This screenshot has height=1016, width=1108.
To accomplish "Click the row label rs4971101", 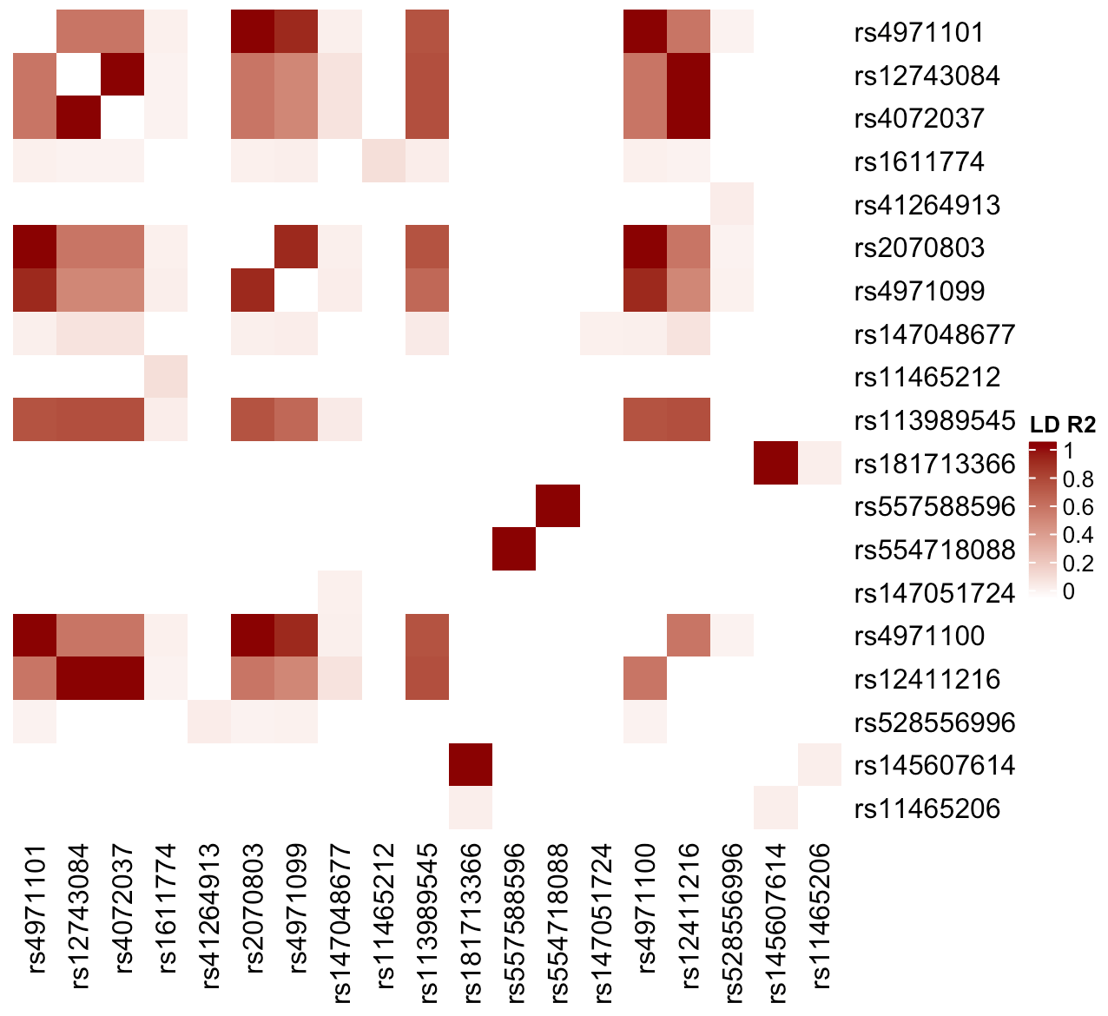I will tap(919, 33).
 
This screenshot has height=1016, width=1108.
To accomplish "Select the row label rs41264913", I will tap(927, 206).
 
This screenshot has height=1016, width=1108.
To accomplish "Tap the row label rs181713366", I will tap(934, 464).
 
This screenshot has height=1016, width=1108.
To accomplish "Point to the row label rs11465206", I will tap(927, 809).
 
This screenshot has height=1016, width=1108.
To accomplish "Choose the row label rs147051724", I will tap(934, 594).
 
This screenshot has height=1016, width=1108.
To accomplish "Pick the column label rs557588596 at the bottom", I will tap(515, 922).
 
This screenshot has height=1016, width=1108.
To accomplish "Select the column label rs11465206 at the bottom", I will tap(820, 915).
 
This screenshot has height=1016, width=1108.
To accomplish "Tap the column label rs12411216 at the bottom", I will tap(689, 915).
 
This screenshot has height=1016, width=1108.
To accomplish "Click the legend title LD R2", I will tap(1062, 425).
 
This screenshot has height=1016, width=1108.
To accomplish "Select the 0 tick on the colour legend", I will tap(1068, 591).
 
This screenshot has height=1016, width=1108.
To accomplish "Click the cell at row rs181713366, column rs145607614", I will tap(775, 463).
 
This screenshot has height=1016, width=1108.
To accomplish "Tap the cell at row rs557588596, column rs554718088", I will tap(557, 506).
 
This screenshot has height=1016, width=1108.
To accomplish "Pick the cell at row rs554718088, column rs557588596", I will tap(514, 549).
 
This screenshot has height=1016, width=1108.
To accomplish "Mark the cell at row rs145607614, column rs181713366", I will tap(471, 765).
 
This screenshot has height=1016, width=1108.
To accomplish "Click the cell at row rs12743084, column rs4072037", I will tap(122, 76).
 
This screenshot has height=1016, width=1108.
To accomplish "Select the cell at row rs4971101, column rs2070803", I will tap(253, 32).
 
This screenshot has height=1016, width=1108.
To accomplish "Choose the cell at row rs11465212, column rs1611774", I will tap(166, 377).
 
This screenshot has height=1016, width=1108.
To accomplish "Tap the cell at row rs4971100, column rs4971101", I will tap(36, 636).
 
